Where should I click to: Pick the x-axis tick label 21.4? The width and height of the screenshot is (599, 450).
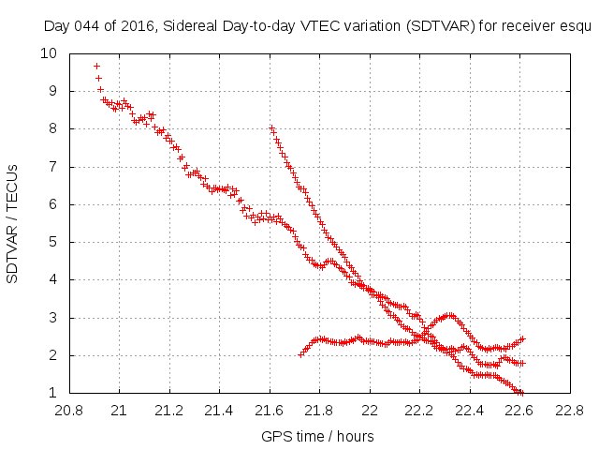tap(219, 411)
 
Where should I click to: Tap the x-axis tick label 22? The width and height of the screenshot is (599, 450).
tap(370, 411)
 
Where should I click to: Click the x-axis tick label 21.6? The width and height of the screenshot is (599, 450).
tap(270, 411)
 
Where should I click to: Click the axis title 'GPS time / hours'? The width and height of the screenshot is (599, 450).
tap(318, 436)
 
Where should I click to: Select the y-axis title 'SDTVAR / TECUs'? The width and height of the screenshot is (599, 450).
tap(13, 223)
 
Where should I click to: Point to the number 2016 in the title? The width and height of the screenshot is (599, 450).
tap(133, 27)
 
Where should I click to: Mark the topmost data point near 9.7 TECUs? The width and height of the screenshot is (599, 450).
tap(96, 66)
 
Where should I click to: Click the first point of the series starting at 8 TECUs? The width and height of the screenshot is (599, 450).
tap(271, 128)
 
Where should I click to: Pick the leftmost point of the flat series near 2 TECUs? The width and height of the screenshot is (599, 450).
tap(300, 354)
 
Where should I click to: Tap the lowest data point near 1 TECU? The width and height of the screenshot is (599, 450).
tap(521, 392)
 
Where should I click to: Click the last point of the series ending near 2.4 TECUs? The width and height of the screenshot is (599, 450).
tap(522, 338)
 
